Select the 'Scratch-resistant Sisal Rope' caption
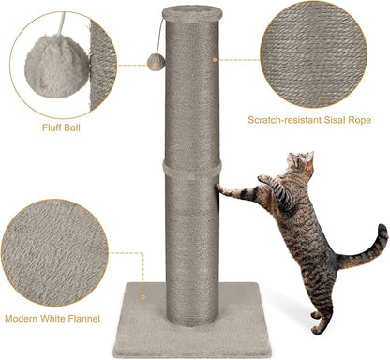coord(310,120)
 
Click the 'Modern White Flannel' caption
coord(57,318)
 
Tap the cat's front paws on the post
coord(222,189)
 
